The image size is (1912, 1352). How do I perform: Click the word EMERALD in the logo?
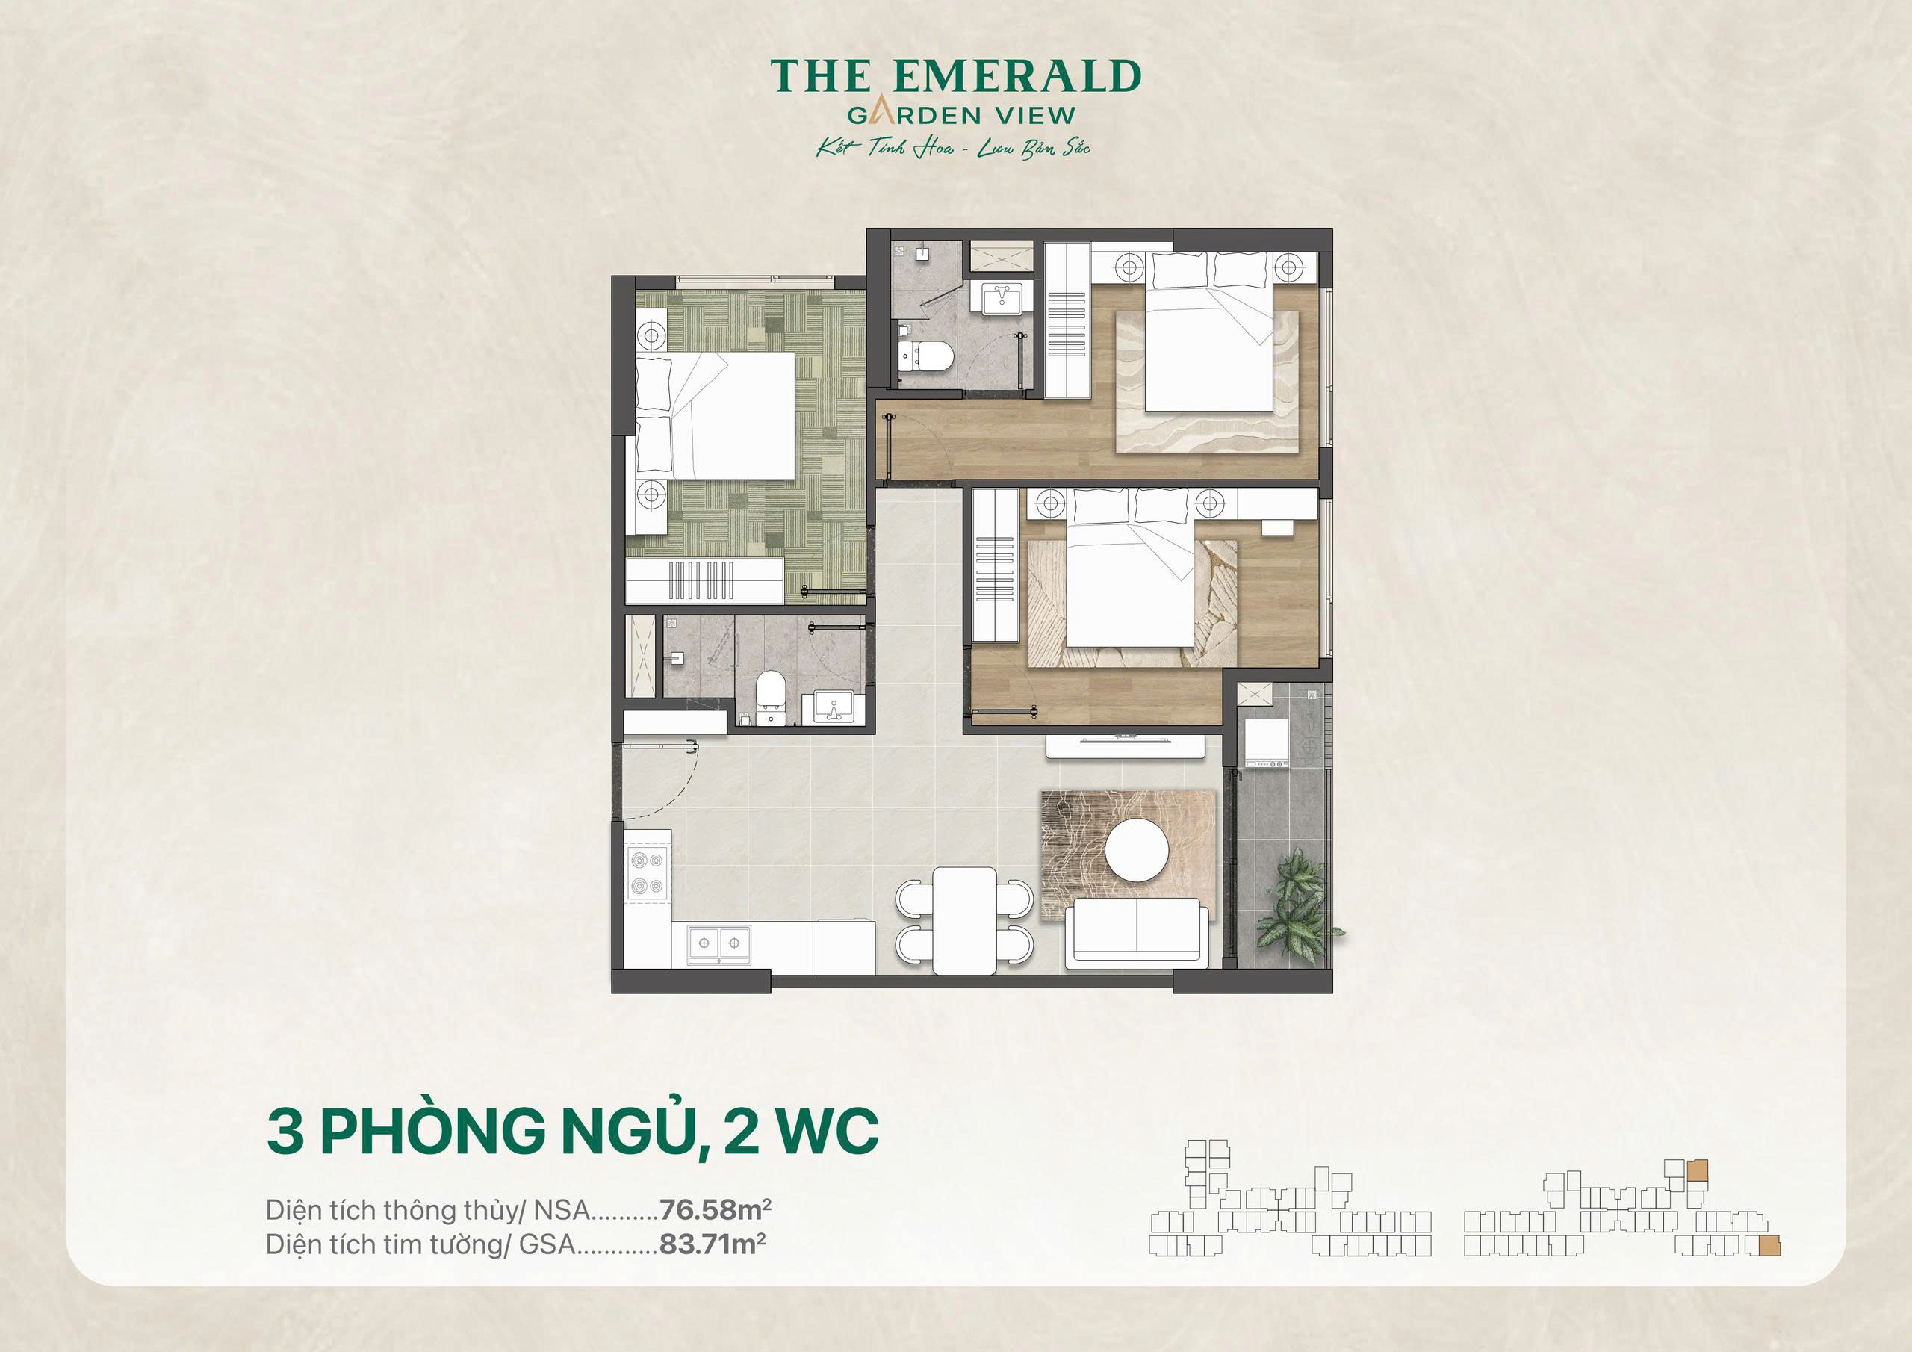pyautogui.click(x=1016, y=77)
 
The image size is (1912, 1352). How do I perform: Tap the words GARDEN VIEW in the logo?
pyautogui.click(x=961, y=115)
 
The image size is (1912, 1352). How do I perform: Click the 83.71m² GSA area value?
pyautogui.click(x=712, y=1244)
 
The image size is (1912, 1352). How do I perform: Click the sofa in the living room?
pyautogui.click(x=1137, y=933)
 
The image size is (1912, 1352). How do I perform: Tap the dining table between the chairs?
pyautogui.click(x=964, y=920)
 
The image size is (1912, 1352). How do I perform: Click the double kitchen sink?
pyautogui.click(x=718, y=943)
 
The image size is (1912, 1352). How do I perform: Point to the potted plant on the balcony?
pyautogui.click(x=1296, y=904)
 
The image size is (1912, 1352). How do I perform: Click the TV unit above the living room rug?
pyautogui.click(x=1124, y=744)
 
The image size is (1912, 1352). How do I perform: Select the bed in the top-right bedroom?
pyautogui.click(x=1209, y=341)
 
